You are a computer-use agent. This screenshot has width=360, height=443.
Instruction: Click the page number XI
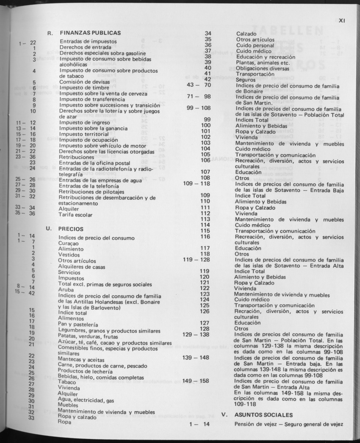click(343, 19)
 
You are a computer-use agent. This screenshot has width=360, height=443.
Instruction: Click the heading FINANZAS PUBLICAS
click(90, 33)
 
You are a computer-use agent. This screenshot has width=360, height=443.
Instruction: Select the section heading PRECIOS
click(71, 229)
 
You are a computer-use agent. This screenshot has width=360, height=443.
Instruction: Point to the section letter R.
click(50, 33)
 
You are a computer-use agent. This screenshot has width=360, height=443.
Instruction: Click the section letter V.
click(224, 415)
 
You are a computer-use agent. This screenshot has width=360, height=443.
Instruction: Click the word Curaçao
click(69, 244)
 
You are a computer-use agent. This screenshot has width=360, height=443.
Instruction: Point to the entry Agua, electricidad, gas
click(86, 399)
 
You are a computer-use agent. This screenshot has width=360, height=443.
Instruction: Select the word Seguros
click(245, 79)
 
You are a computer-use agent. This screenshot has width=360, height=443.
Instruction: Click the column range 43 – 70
click(199, 85)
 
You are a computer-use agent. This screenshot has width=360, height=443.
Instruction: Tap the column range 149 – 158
click(196, 381)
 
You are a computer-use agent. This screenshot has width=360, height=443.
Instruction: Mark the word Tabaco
click(66, 382)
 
